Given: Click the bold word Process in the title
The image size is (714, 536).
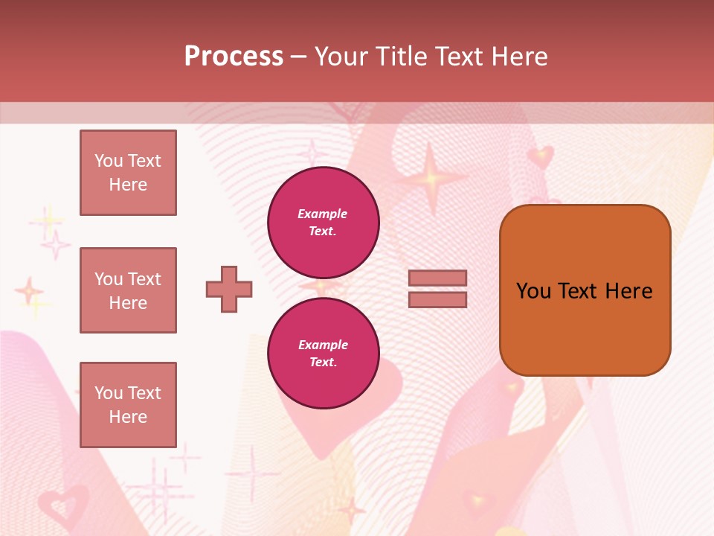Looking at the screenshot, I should pyautogui.click(x=234, y=57).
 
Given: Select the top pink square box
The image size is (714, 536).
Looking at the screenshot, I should pyautogui.click(x=128, y=173).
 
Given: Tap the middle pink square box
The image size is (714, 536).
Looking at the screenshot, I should pyautogui.click(x=128, y=290).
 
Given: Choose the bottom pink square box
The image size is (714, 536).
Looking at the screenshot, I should pyautogui.click(x=128, y=404).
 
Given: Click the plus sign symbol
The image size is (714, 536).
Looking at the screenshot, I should pyautogui.click(x=229, y=289).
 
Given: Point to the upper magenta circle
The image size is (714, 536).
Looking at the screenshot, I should pyautogui.click(x=323, y=222).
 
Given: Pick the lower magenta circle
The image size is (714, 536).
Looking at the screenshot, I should pyautogui.click(x=323, y=353).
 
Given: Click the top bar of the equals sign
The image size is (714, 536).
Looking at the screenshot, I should pyautogui.click(x=437, y=278).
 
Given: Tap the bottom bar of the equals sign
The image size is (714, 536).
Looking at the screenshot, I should pyautogui.click(x=437, y=299).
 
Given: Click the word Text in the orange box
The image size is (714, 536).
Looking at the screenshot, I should pyautogui.click(x=578, y=291).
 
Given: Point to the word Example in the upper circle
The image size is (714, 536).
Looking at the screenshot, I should pyautogui.click(x=323, y=214).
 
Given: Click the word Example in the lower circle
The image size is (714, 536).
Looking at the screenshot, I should pyautogui.click(x=323, y=345).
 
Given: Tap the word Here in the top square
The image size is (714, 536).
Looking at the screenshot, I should pyautogui.click(x=128, y=185).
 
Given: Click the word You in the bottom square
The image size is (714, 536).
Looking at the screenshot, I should pyautogui.click(x=109, y=393).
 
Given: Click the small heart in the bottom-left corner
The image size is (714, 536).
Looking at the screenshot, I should pyautogui.click(x=61, y=506).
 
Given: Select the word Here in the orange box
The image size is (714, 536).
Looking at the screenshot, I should pyautogui.click(x=629, y=291).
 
